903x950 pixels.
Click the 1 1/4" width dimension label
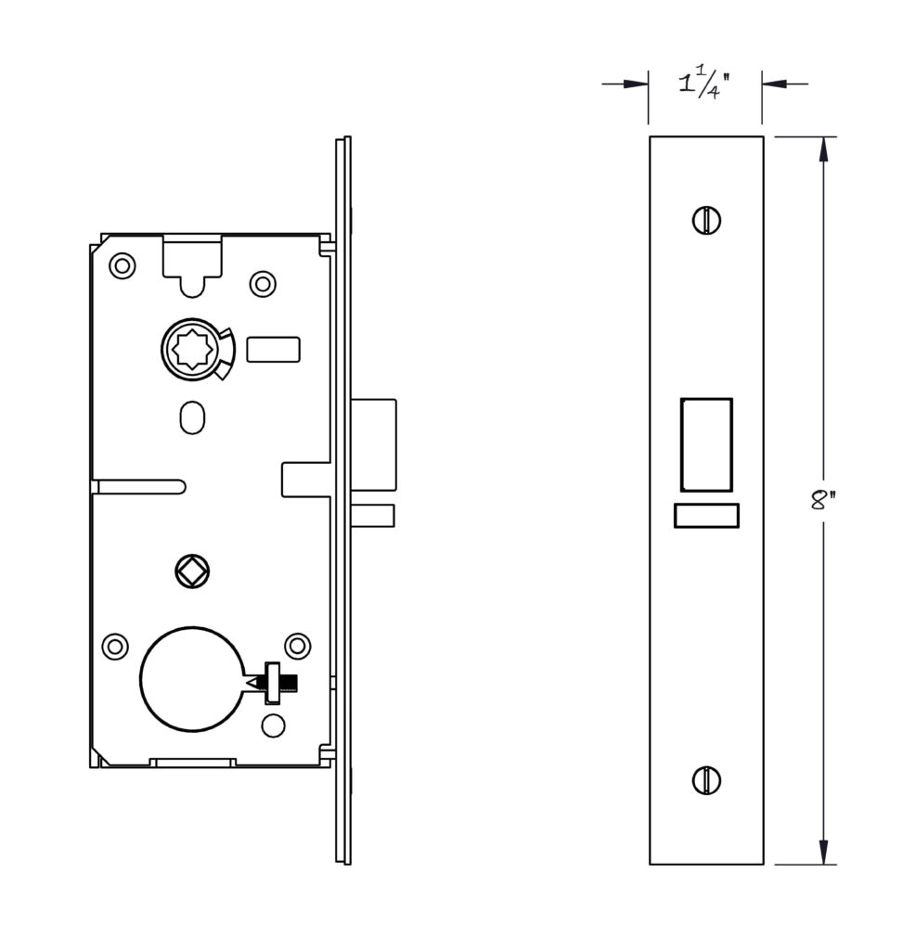(704, 84)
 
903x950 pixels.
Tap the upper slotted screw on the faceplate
(706, 220)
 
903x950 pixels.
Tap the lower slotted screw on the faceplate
(706, 779)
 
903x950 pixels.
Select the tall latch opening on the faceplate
(706, 444)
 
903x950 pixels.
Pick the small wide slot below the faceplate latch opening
(706, 516)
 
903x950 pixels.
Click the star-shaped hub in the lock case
(191, 350)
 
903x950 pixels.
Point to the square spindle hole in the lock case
(191, 571)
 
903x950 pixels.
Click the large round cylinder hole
(192, 678)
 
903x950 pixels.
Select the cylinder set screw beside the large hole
(277, 683)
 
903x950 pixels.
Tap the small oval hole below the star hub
(192, 417)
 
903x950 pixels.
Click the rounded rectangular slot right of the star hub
(273, 350)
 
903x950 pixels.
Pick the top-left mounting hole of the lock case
(123, 265)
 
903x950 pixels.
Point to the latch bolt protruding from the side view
(373, 444)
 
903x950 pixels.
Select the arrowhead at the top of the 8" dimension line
(823, 149)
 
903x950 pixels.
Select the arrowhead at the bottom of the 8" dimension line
(823, 852)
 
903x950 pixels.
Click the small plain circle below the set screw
(273, 725)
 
